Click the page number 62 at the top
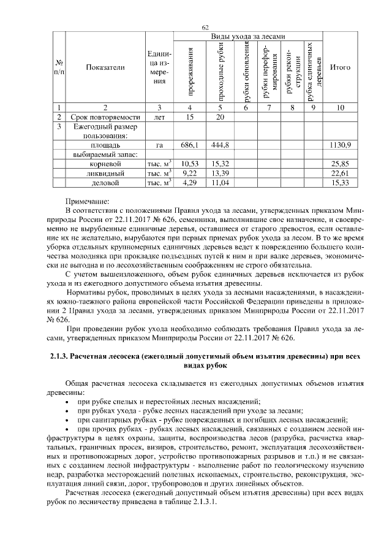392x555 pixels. (206, 26)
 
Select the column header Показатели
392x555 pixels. (105, 67)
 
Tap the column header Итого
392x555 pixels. (340, 67)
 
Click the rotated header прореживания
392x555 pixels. (190, 74)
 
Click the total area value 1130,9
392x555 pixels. (340, 145)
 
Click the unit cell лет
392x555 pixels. (159, 117)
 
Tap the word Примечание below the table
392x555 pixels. (87, 201)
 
